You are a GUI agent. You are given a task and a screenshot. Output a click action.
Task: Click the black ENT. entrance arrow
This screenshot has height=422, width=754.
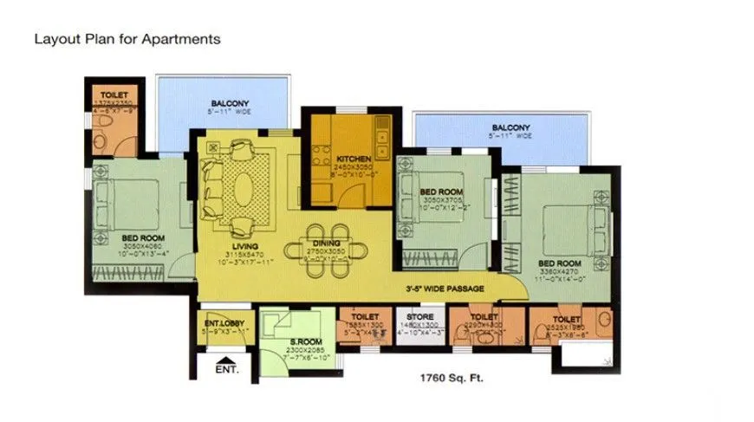224,363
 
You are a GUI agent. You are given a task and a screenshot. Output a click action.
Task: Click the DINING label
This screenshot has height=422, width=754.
327,245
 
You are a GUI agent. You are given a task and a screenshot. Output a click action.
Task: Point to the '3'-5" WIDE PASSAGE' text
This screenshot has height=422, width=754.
445,289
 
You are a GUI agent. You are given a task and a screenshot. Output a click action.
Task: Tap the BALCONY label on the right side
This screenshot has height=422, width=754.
510,128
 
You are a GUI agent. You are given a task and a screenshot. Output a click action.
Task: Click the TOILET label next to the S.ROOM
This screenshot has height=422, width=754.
365,318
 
